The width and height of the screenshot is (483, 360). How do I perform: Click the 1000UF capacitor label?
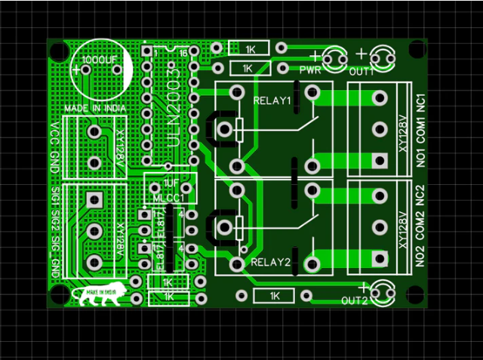tap(100, 58)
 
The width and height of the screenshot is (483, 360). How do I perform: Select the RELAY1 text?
tap(272, 100)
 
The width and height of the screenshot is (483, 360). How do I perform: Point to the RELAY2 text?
tap(270, 262)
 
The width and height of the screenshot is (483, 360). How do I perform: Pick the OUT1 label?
tap(362, 72)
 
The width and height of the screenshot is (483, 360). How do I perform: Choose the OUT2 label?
tap(355, 301)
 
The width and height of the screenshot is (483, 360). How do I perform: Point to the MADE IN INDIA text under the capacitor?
tap(95, 108)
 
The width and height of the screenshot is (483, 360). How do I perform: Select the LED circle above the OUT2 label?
tap(381, 291)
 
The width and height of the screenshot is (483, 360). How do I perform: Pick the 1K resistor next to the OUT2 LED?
tap(273, 295)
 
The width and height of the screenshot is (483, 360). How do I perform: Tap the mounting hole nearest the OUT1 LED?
tap(417, 50)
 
